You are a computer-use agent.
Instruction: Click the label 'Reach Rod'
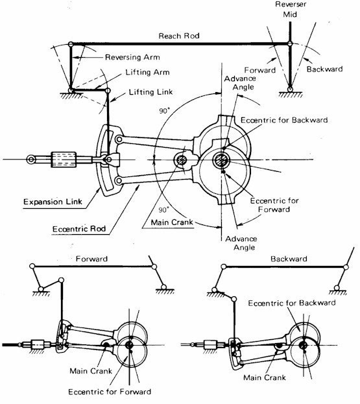click(x=179, y=36)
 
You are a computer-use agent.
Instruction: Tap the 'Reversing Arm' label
click(x=132, y=57)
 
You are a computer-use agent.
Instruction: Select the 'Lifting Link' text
click(x=150, y=92)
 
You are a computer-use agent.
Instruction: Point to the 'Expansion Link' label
click(x=53, y=202)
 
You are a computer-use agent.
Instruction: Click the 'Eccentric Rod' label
click(x=79, y=229)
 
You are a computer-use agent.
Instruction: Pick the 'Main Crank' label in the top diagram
click(x=172, y=222)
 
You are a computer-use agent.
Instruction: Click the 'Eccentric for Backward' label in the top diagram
click(x=284, y=120)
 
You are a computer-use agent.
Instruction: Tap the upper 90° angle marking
click(x=164, y=111)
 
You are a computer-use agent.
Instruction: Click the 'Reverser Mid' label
click(x=291, y=9)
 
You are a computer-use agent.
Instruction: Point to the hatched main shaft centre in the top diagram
click(x=221, y=160)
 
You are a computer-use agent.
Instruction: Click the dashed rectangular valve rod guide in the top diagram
click(x=64, y=160)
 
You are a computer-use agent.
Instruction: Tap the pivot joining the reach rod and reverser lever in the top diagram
click(x=290, y=44)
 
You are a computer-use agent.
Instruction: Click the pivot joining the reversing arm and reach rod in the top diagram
click(x=71, y=44)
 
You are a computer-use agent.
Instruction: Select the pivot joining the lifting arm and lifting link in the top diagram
click(x=108, y=90)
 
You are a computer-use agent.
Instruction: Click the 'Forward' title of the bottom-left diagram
click(x=91, y=259)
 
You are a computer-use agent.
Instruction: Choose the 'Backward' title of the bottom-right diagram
click(x=289, y=259)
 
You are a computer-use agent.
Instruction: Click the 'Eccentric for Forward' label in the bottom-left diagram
click(x=110, y=392)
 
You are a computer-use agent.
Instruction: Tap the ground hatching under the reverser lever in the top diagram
click(x=291, y=95)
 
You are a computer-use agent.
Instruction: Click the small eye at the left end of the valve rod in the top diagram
click(x=31, y=160)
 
